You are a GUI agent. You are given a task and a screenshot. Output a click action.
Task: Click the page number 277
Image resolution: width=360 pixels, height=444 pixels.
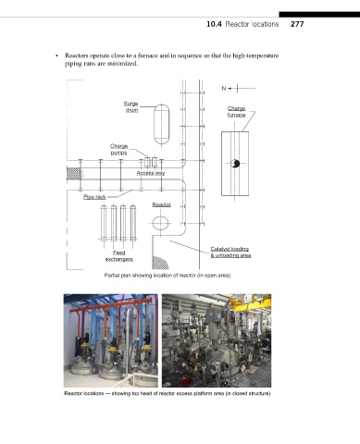297,24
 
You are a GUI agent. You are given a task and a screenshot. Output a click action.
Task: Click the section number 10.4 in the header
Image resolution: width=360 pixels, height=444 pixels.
214,24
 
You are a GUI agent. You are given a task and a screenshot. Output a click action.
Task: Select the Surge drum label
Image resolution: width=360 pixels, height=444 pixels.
131,106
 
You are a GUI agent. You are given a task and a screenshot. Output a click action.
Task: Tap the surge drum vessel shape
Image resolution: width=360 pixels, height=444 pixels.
162,124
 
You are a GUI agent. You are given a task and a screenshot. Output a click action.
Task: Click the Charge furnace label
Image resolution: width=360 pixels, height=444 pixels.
237,112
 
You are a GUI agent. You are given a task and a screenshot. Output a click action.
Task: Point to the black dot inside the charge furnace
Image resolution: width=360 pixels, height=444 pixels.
235,164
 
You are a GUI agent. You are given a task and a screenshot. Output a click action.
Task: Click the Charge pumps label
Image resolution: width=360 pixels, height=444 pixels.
118,149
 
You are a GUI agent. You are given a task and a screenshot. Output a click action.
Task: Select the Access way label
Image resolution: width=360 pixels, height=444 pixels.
151,173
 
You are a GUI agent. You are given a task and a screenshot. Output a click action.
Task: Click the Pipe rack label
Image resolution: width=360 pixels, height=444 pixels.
94,197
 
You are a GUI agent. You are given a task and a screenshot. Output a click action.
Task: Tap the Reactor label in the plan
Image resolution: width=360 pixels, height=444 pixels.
162,204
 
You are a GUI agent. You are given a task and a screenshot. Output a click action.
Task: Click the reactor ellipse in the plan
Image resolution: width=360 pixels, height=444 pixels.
160,223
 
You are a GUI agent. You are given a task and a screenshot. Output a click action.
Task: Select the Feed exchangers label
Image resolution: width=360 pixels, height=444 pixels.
119,256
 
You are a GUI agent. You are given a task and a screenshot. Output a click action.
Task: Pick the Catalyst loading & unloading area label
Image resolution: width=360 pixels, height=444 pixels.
230,252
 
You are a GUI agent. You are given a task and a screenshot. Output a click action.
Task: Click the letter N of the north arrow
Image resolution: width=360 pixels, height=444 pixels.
224,89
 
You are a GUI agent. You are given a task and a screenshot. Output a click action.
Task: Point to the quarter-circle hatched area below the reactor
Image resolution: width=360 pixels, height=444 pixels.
159,263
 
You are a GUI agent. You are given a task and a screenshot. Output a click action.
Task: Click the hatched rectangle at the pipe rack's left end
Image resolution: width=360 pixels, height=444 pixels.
73,174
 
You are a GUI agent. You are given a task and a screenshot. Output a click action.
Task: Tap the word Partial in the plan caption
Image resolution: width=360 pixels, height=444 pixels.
110,276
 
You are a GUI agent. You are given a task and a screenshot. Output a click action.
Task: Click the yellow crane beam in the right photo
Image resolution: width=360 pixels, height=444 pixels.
249,302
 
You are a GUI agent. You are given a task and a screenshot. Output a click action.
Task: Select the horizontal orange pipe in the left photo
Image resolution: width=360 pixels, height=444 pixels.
111,304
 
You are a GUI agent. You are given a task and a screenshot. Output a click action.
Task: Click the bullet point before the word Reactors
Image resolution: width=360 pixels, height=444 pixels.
56,55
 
